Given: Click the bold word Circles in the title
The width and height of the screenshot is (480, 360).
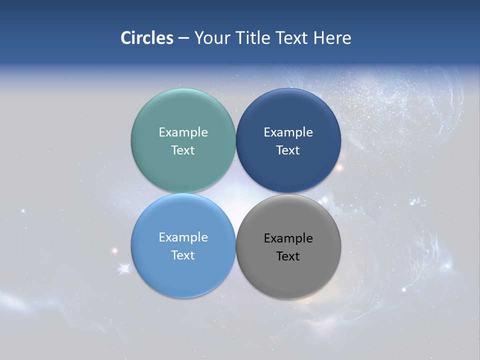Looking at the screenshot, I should pos(146,38).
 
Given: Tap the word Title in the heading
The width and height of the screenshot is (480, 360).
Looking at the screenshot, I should pos(254,38).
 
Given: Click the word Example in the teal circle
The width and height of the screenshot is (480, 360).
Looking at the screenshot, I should pos(183,132).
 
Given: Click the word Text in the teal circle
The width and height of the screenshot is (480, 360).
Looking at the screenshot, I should pos(183,150).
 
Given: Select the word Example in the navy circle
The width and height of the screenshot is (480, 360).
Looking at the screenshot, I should pos(288,132).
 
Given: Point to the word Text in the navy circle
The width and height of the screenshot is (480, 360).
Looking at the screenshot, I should pos(288,150).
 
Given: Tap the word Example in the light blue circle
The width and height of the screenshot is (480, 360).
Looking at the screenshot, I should pos(183,237).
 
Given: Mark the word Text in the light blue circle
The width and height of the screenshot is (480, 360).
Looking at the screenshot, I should pos(183,255).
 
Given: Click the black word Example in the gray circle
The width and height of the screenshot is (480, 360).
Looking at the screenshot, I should pos(288,238).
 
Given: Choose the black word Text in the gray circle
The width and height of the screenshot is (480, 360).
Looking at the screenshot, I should pos(288,256).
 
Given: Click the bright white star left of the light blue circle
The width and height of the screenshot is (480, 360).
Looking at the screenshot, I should pos(124,269).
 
